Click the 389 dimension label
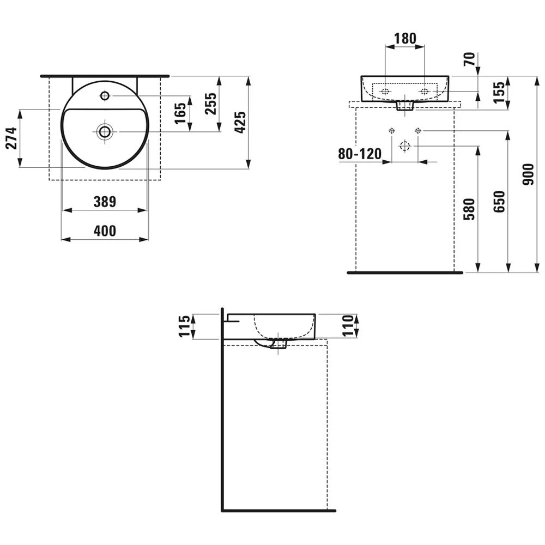(x=105, y=202)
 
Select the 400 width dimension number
(x=105, y=231)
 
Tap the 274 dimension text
(x=11, y=138)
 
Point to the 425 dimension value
(x=240, y=122)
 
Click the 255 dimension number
(x=210, y=103)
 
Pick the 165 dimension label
(x=180, y=113)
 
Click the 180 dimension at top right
(x=405, y=38)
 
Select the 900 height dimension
(x=528, y=174)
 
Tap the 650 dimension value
(x=499, y=202)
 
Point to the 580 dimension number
(x=469, y=209)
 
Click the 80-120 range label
(x=360, y=154)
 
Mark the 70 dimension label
(x=469, y=59)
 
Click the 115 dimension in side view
(x=184, y=326)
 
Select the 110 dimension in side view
(x=348, y=326)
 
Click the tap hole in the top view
(x=105, y=95)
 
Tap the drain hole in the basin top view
(x=105, y=131)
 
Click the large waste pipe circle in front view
(x=405, y=146)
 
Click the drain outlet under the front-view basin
(x=405, y=106)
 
